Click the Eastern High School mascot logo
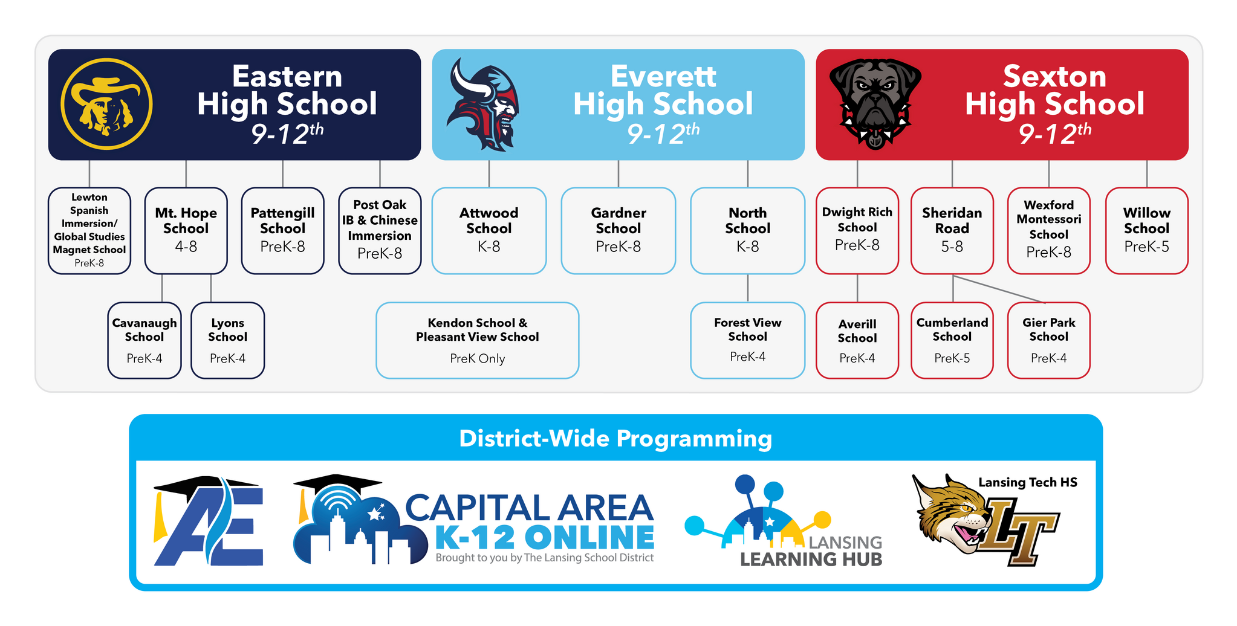(x=106, y=104)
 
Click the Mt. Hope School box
(x=186, y=230)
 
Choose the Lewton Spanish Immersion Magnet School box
(x=89, y=230)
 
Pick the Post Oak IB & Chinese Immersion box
(x=379, y=230)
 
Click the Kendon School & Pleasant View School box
(x=477, y=340)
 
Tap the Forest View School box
(x=747, y=340)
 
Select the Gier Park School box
(x=1048, y=340)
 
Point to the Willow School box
(x=1146, y=230)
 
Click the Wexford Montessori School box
(x=1048, y=230)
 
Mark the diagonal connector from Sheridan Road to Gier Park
(x=999, y=289)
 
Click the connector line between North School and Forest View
(x=748, y=288)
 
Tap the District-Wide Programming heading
(x=615, y=439)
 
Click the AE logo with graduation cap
(x=209, y=522)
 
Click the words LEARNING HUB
(x=811, y=560)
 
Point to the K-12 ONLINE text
(x=544, y=537)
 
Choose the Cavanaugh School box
(x=144, y=340)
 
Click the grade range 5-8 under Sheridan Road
(x=952, y=247)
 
